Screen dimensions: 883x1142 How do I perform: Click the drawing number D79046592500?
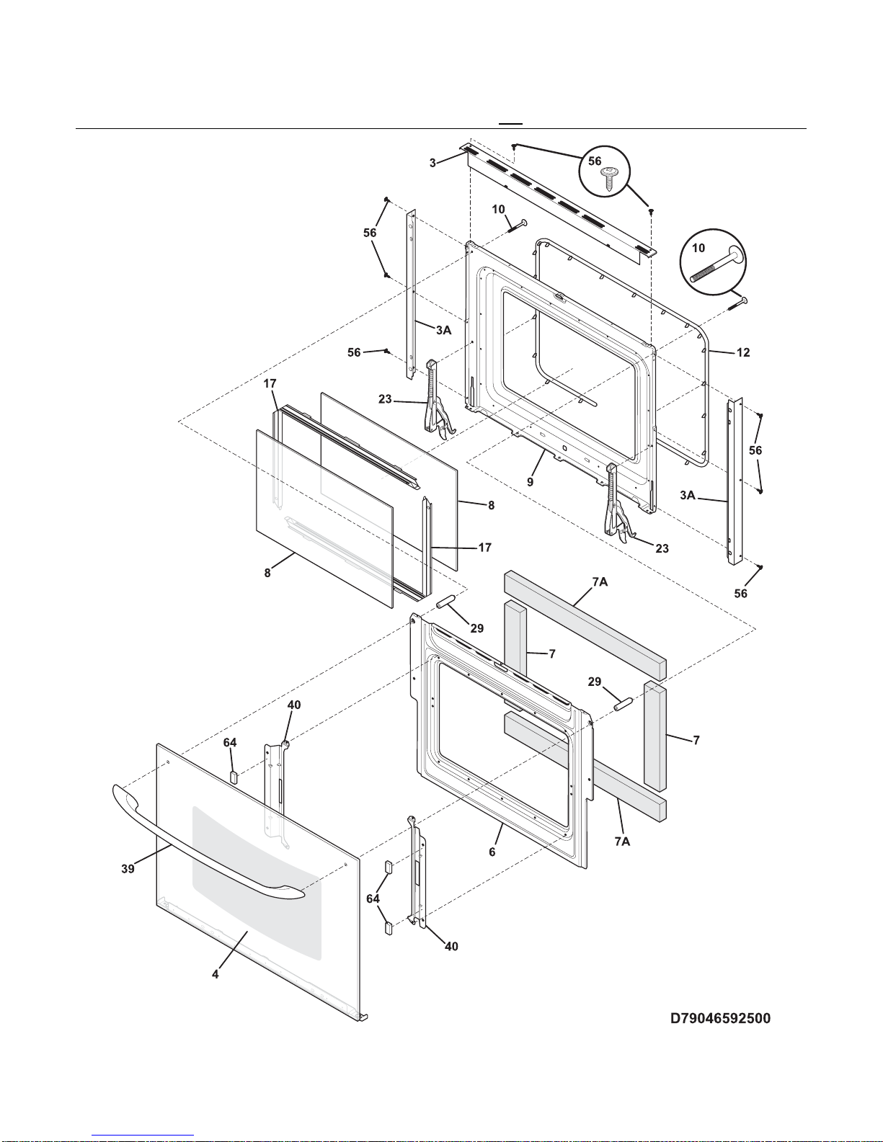click(x=720, y=1018)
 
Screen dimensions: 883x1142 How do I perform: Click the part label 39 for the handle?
click(x=128, y=869)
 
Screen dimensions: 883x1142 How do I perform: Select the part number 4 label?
click(x=215, y=974)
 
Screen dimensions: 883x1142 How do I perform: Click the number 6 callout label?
click(x=492, y=852)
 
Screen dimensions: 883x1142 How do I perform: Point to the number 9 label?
click(x=530, y=482)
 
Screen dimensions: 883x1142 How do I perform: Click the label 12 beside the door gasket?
click(x=743, y=352)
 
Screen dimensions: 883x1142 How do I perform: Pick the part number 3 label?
click(x=432, y=163)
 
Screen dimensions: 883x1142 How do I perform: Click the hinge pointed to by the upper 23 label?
click(x=437, y=400)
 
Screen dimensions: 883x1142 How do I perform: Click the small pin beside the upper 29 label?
click(x=445, y=601)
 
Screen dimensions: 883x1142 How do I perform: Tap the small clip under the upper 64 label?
click(x=233, y=775)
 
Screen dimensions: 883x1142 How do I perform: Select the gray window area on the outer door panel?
click(x=256, y=879)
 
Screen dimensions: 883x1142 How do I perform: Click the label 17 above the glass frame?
click(x=270, y=383)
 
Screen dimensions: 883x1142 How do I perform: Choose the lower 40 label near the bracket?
click(x=451, y=946)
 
